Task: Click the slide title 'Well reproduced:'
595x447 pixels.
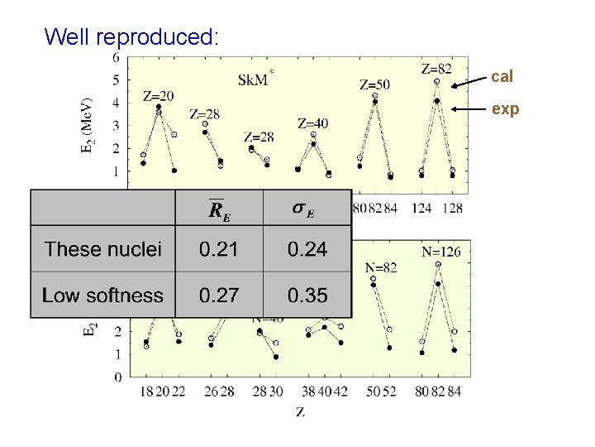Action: pos(131,37)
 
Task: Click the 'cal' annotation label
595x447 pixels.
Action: pos(502,76)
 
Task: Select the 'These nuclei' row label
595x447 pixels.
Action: pos(103,249)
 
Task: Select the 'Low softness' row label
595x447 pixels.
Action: pos(102,295)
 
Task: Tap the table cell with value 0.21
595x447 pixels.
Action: pos(218,249)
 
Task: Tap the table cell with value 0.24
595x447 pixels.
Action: pos(307,249)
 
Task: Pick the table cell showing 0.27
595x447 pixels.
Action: pos(218,295)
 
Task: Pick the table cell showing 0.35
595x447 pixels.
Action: pos(307,295)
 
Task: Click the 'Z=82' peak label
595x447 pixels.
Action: pos(436,68)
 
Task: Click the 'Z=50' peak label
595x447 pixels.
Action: pos(374,84)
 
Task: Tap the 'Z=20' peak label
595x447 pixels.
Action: pos(159,95)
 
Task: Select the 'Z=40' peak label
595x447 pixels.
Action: pos(312,123)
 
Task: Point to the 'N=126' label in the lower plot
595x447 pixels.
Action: pos(441,251)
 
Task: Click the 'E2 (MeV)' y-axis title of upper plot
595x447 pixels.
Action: pos(87,127)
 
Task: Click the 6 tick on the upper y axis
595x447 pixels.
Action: pos(116,58)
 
